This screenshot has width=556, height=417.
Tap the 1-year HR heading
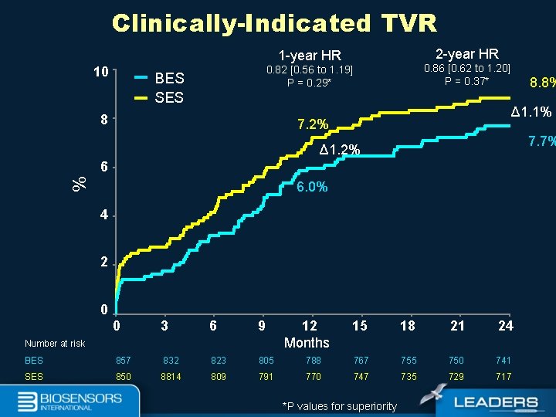pyautogui.click(x=310, y=56)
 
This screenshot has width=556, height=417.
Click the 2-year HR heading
pyautogui.click(x=467, y=54)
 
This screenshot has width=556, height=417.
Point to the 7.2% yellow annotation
pyautogui.click(x=313, y=124)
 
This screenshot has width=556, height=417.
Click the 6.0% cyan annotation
pyautogui.click(x=312, y=187)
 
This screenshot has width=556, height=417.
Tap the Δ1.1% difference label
pyautogui.click(x=532, y=112)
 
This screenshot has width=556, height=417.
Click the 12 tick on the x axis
pyautogui.click(x=309, y=326)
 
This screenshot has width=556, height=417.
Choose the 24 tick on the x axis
pyautogui.click(x=506, y=326)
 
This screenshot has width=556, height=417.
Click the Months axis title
pyautogui.click(x=307, y=343)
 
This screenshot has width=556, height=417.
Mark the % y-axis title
pyautogui.click(x=78, y=183)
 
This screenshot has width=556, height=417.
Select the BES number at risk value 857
pyautogui.click(x=124, y=361)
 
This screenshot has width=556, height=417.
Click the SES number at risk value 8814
pyautogui.click(x=171, y=377)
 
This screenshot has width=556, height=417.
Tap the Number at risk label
pyautogui.click(x=55, y=344)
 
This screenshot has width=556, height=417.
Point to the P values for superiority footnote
pyautogui.click(x=340, y=406)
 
